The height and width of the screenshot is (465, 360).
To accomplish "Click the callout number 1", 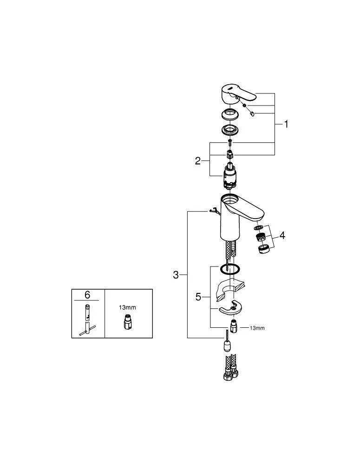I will click(x=286, y=125).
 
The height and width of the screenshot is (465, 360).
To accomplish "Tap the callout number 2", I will click(x=198, y=161).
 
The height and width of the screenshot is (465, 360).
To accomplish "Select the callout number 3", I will click(x=176, y=275).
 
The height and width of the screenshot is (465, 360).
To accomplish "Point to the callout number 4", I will click(x=282, y=236).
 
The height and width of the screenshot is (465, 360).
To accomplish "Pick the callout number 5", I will click(x=198, y=297).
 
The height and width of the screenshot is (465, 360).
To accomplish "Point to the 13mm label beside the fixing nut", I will click(x=257, y=328).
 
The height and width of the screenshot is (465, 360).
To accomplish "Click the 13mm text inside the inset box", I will click(x=128, y=307).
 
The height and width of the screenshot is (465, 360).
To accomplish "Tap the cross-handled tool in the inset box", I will click(x=88, y=321).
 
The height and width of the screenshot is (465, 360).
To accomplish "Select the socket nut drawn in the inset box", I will click(x=128, y=322).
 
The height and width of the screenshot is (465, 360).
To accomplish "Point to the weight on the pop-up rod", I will click(x=227, y=345).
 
